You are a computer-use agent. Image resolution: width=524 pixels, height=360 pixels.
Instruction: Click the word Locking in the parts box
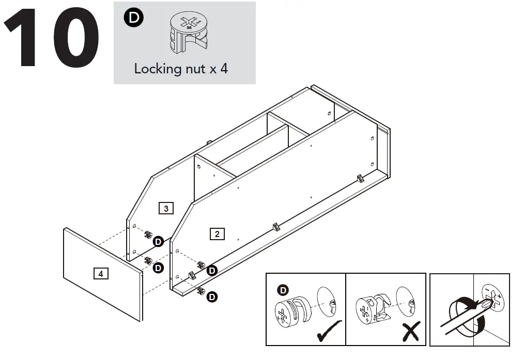[156, 69]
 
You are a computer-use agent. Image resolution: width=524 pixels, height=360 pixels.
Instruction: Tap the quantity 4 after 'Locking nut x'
[224, 69]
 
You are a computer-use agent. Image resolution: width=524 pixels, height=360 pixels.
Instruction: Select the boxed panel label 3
[165, 209]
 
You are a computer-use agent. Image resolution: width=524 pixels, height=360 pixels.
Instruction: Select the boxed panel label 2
[217, 234]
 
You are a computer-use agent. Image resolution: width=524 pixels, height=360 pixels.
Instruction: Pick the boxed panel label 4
[101, 274]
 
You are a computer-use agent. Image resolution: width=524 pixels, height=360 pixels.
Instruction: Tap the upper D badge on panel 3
[158, 241]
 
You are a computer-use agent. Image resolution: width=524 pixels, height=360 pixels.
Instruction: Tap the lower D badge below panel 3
[158, 268]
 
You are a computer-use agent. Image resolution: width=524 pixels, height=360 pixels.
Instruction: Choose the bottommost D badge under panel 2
[212, 296]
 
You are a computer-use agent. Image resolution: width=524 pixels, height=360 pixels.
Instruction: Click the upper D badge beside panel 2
[212, 270]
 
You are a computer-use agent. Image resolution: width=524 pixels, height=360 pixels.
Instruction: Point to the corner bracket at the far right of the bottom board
[360, 178]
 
